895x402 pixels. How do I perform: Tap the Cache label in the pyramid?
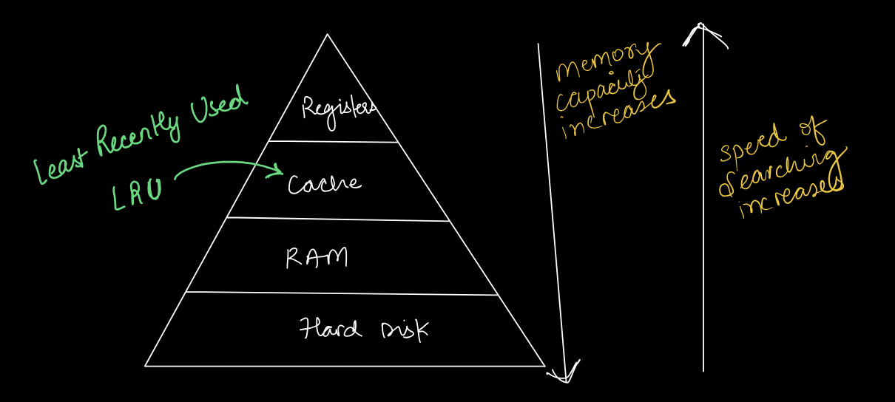[x=325, y=184]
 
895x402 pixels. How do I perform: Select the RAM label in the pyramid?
[x=317, y=258]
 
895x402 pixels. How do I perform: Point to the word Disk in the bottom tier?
[x=403, y=330]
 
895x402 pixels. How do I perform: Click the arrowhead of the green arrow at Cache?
[x=280, y=173]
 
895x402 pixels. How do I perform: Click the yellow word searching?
[x=780, y=176]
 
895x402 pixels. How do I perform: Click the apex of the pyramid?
[x=327, y=35]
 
